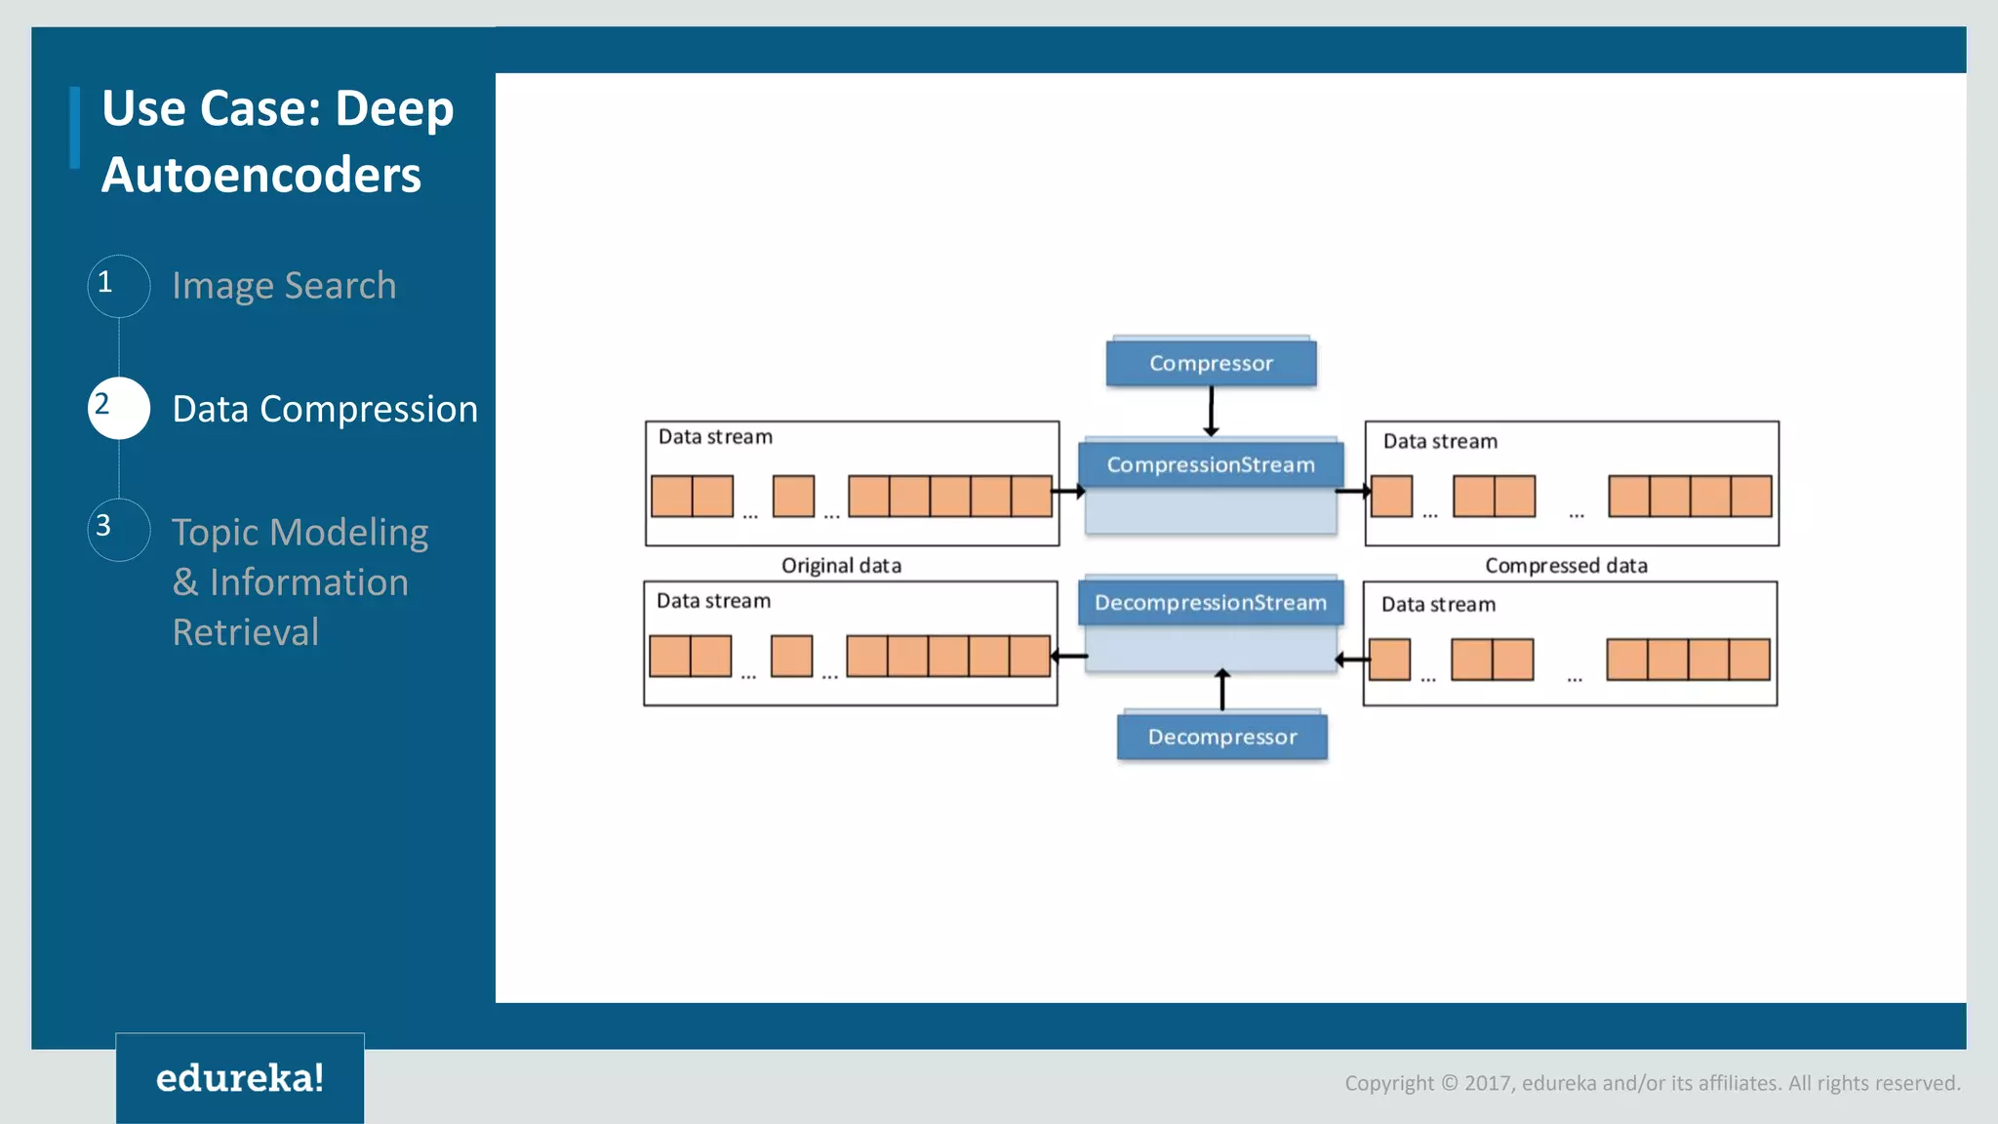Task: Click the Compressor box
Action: (1211, 363)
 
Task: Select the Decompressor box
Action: (1221, 737)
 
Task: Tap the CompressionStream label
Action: (1210, 464)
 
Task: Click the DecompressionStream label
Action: (1210, 603)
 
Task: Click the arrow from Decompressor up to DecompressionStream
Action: (1221, 690)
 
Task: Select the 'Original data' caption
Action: (841, 565)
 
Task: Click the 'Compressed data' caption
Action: (1566, 565)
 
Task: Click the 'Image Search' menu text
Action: (284, 286)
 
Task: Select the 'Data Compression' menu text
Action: (325, 409)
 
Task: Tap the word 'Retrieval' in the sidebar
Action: (246, 632)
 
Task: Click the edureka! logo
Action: (240, 1078)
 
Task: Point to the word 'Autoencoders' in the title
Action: (261, 176)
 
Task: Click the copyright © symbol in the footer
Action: (1449, 1083)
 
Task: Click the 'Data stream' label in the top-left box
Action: (715, 437)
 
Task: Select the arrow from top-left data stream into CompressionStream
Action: (1069, 492)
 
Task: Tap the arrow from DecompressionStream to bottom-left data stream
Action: (1069, 657)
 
